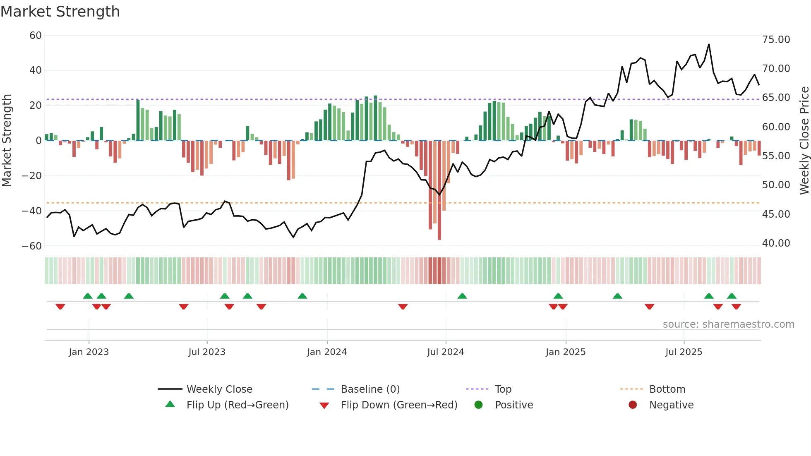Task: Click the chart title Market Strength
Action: (x=60, y=12)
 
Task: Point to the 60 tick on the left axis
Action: (x=36, y=36)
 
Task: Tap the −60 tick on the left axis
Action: (x=32, y=246)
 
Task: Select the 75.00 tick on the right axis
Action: (x=776, y=40)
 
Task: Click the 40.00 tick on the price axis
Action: (x=776, y=243)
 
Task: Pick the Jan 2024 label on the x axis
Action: (x=327, y=352)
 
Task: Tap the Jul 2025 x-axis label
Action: (x=684, y=352)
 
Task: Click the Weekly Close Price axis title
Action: (x=804, y=141)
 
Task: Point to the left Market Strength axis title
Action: (x=7, y=141)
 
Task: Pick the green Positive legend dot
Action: (x=479, y=405)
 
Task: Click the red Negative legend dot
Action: (x=633, y=405)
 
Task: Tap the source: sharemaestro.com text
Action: (x=728, y=324)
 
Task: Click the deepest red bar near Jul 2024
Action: (x=439, y=190)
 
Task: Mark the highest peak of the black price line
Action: (x=709, y=44)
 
